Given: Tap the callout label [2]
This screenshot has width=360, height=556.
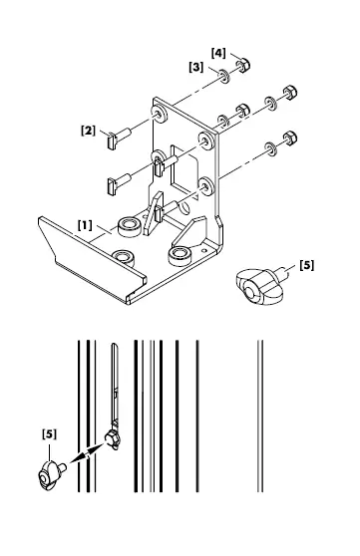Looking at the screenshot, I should click(88, 130).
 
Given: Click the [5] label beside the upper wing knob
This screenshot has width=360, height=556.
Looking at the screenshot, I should click(306, 266).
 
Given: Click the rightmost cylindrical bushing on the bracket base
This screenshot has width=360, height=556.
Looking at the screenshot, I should click(180, 256).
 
